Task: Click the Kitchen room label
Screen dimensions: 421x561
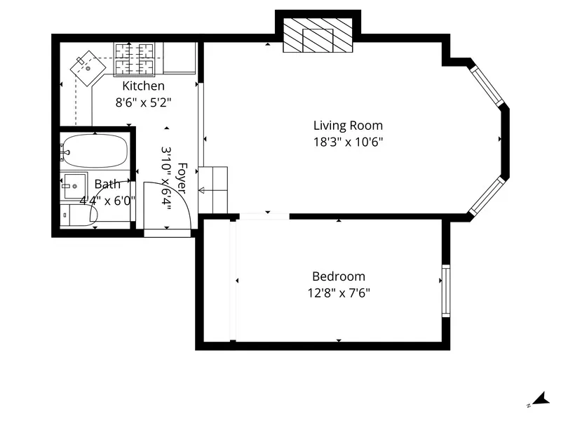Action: point(144,86)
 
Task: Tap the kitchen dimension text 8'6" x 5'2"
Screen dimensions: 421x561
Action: point(144,102)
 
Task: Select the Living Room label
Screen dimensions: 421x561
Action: point(348,126)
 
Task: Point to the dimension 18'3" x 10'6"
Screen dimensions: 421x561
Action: point(348,141)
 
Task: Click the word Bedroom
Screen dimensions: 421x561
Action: point(339,276)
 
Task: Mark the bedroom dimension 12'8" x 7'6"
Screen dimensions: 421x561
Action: point(339,293)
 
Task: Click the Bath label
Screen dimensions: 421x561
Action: point(107,185)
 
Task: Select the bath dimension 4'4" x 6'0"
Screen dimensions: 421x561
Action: point(107,200)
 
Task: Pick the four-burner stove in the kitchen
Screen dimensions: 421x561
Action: point(135,58)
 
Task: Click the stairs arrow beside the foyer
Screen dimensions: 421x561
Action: point(211,189)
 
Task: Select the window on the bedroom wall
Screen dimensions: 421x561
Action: point(444,290)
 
